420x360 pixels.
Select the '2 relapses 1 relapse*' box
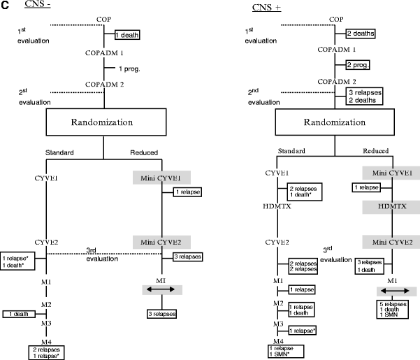coord(47,352)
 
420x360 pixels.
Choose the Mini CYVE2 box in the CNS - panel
coord(161,242)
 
